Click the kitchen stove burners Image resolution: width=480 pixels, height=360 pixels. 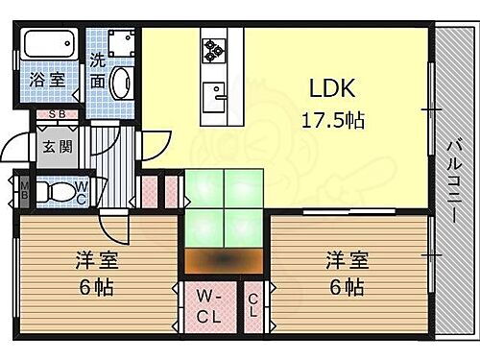pos(212,46)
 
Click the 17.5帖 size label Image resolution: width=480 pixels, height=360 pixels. pos(335,121)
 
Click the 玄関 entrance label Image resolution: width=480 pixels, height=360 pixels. pos(50,148)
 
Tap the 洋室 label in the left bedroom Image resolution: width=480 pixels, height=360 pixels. pos(95,258)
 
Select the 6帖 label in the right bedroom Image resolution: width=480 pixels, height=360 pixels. pos(348,286)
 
